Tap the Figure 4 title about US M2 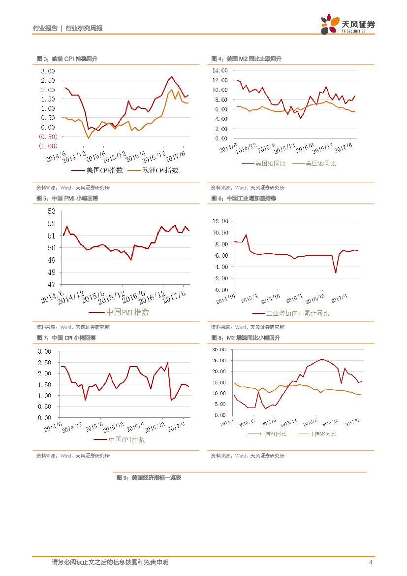(x=246, y=59)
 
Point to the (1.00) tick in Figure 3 (x=48, y=146)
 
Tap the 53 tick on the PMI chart (x=52, y=212)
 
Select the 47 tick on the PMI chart (x=52, y=284)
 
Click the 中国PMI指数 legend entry (x=120, y=312)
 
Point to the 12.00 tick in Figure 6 (x=220, y=221)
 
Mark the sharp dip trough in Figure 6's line (x=335, y=272)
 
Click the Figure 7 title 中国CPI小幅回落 (x=66, y=338)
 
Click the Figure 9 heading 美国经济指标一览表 (x=149, y=477)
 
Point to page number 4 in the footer (x=371, y=562)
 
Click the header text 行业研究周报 (x=84, y=29)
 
